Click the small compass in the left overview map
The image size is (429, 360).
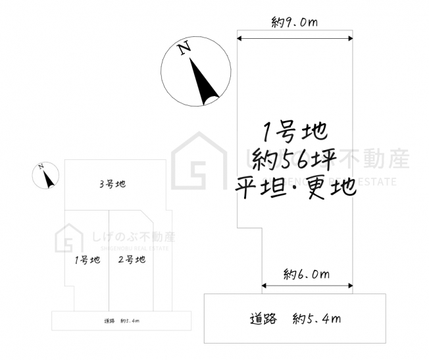pos(45,176)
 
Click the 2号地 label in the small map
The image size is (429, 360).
pos(132,259)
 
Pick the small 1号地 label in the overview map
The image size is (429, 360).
pos(88,259)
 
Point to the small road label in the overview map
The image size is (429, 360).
pos(122,321)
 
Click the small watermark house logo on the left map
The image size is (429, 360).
pos(68,238)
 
